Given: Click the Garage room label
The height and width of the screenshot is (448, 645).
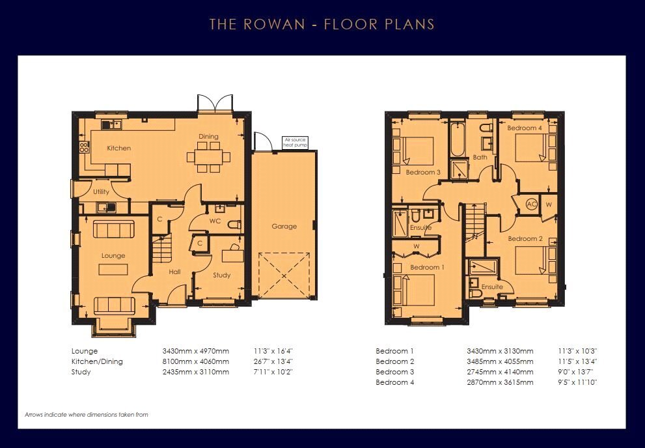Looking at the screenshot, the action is pos(284,226).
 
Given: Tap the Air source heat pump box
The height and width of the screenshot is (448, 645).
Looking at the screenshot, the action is pos(295,143).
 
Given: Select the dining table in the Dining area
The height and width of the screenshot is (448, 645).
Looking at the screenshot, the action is pos(208,157).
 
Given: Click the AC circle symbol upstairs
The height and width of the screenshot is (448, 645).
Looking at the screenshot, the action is pos(532,204).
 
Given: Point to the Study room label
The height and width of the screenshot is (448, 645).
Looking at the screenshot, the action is pos(222,275).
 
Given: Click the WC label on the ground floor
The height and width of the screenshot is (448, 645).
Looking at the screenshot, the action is pos(215,221).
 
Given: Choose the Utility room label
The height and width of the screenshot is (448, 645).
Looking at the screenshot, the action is pos(101,191).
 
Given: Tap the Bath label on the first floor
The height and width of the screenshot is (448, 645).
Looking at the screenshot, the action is pos(480,157).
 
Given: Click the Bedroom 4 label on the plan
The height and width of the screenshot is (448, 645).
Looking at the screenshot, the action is pos(525,128).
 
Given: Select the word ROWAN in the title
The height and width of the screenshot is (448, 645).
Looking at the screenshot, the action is pos(274,24).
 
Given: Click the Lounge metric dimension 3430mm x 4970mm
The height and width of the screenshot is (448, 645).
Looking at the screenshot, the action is pos(196,352).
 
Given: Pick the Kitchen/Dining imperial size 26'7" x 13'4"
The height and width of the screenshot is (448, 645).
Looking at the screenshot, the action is pos(273,361).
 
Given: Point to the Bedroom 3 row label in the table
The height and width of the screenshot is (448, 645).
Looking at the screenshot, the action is pos(395,372).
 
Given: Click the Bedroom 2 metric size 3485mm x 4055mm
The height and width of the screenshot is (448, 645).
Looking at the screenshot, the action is pos(501,361).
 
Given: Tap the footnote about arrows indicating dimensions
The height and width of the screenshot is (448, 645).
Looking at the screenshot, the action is pos(87,415).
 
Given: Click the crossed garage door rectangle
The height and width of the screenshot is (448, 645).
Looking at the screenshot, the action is pos(284,275).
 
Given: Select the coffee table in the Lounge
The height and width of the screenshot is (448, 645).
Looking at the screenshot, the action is pos(113,270).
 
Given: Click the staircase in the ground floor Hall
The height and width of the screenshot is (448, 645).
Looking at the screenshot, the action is pos(162,249).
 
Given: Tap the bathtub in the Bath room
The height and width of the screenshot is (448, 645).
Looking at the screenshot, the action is pos(458,139).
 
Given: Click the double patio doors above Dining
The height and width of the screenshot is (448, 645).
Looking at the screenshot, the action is pos(215,103).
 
